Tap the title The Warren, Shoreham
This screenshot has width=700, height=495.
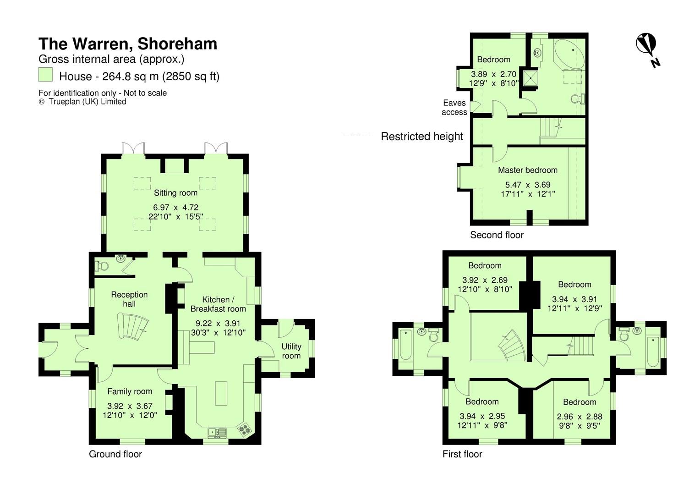coord(128,44)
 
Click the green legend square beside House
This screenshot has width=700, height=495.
coord(45,75)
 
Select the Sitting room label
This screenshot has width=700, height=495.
coord(175,192)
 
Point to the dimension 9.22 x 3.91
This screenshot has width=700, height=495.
coord(218,323)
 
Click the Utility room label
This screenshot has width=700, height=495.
coord(291,351)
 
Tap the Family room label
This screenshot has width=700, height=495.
coord(130,391)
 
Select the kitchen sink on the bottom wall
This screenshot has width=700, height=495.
coord(217,433)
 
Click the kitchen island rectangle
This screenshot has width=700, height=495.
coord(221,393)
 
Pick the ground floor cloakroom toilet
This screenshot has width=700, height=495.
coord(101,266)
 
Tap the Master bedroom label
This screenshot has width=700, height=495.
coord(527,170)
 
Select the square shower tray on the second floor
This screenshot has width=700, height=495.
coord(530,78)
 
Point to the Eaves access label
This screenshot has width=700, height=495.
coord(454,107)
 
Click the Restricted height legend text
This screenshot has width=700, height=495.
coord(422,136)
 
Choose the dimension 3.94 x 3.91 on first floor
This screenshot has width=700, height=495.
coord(574,299)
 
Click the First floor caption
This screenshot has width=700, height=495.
coord(462,454)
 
